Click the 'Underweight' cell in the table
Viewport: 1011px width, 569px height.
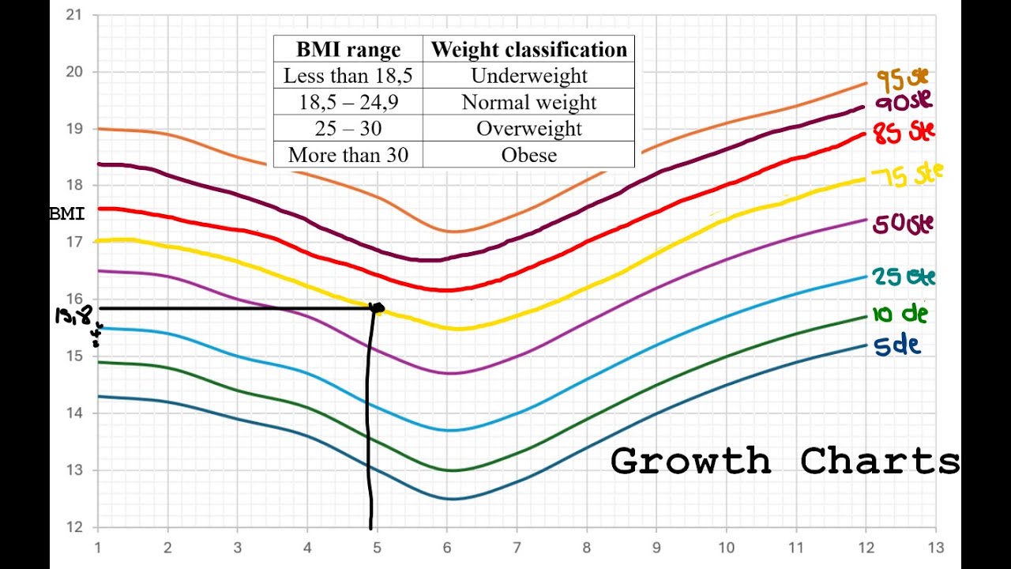pos(529,76)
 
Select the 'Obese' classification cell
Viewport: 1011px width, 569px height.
pos(529,155)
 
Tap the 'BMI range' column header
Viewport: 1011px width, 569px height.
pos(348,50)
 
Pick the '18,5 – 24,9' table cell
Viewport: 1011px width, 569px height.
pos(348,103)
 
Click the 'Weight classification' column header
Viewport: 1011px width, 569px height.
pos(529,50)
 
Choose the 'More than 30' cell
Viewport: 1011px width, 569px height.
pos(348,155)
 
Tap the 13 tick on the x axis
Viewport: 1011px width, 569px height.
pos(936,548)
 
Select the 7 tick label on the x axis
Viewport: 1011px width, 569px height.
pos(517,548)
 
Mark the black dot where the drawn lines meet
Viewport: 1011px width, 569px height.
pos(377,308)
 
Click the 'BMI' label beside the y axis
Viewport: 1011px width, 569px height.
pos(66,214)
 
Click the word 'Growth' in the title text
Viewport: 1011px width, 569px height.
pos(690,462)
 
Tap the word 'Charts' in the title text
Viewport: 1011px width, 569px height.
pos(880,462)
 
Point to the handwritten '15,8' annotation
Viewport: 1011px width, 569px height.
pos(73,316)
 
